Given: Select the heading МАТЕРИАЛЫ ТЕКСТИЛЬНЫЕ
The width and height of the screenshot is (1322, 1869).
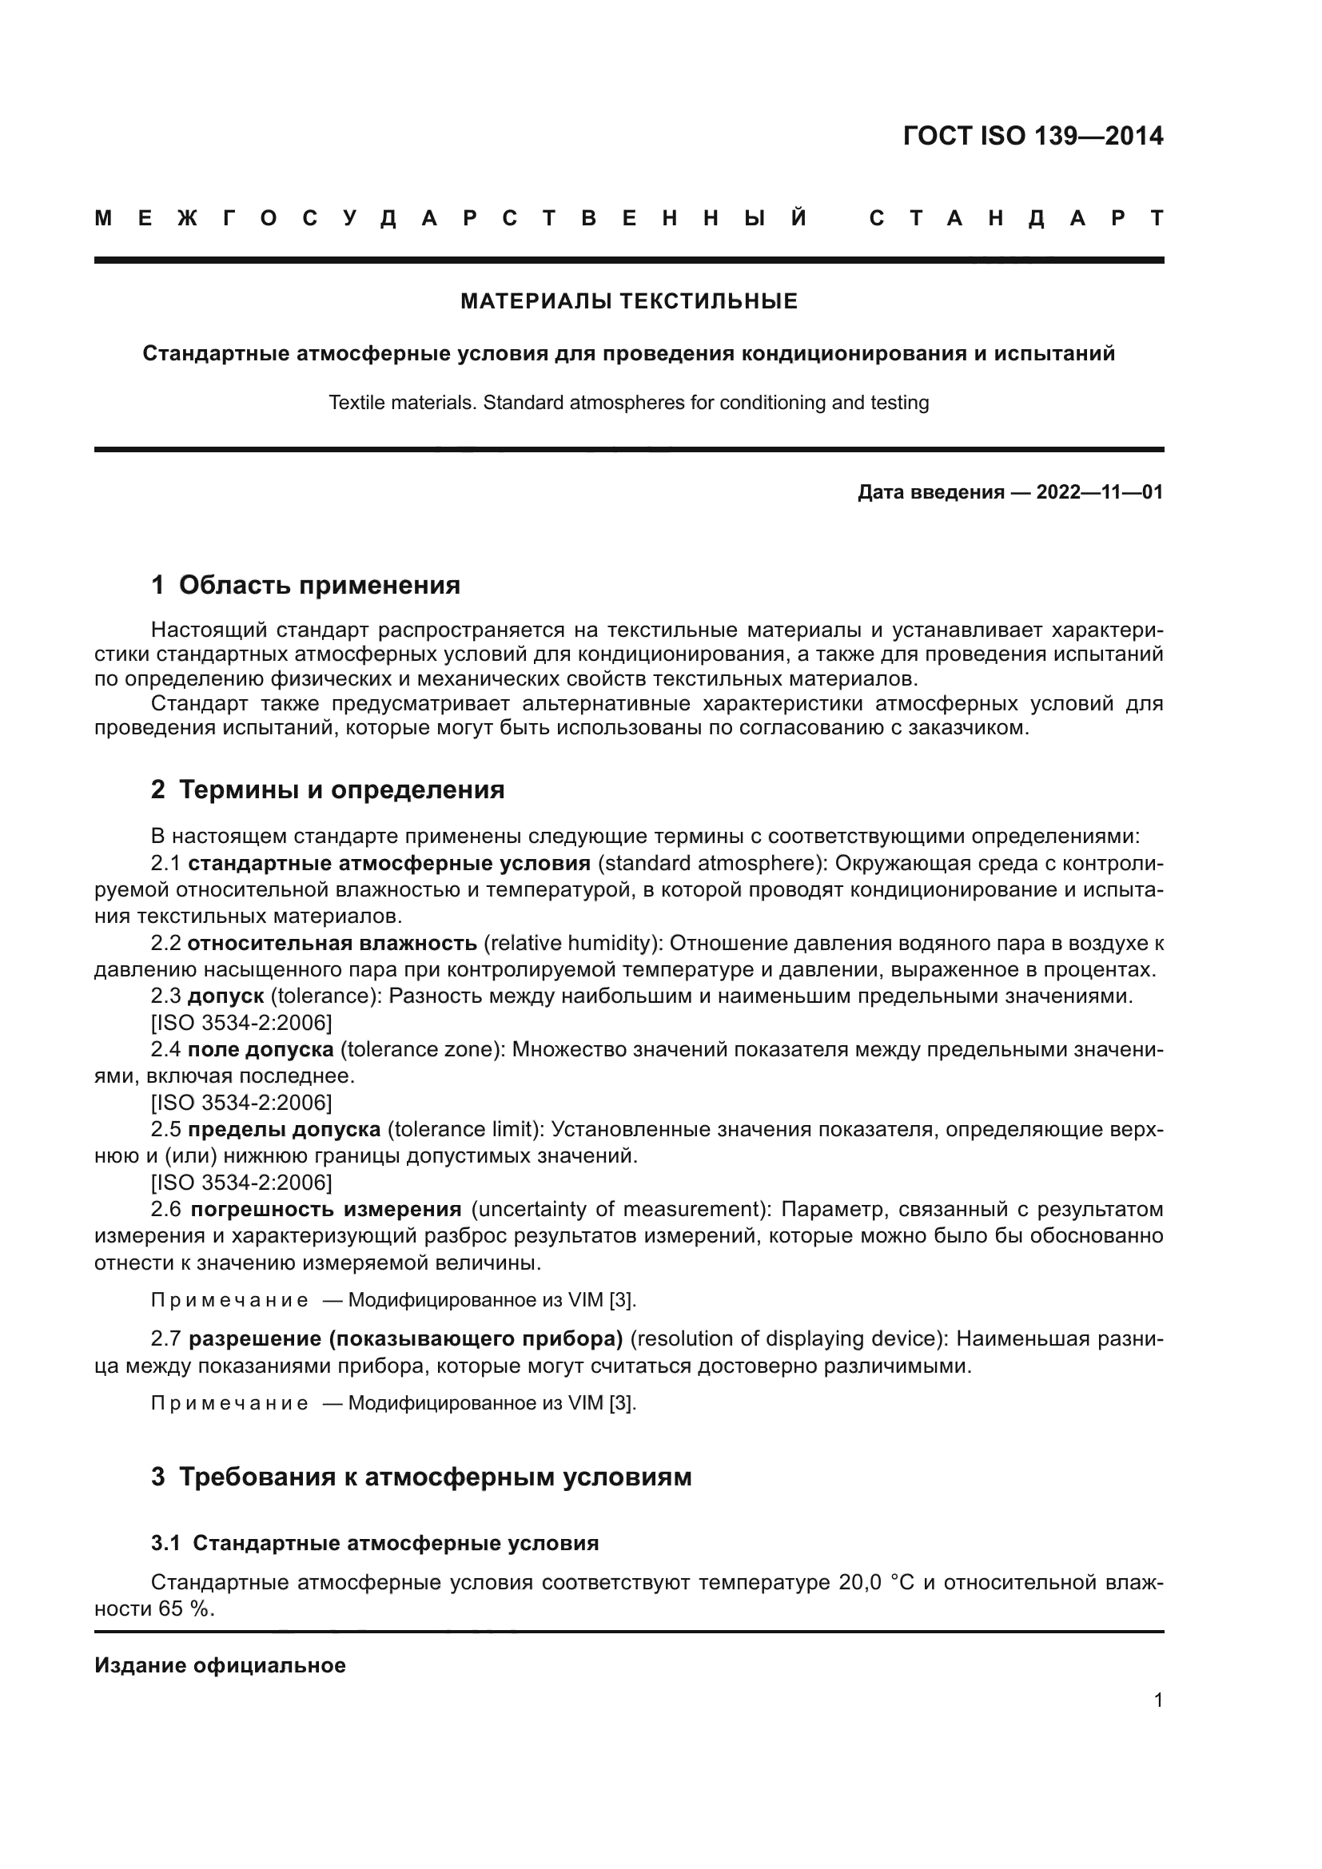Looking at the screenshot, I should pos(628,302).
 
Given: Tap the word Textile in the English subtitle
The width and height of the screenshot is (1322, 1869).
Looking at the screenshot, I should pos(352,403).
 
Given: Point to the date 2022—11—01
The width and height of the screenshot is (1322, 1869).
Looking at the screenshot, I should pos(1099,492).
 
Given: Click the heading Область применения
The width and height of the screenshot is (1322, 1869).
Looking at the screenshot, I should pos(319,585).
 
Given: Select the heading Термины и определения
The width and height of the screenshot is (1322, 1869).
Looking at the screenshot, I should pos(341,789).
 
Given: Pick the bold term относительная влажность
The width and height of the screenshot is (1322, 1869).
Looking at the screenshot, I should pos(332,944).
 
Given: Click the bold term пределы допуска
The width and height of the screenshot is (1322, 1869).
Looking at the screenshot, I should pos(284,1130).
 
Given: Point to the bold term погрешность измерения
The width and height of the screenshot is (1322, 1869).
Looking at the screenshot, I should pos(325,1210).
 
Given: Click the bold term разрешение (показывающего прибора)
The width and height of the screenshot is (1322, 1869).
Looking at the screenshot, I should pos(405,1339).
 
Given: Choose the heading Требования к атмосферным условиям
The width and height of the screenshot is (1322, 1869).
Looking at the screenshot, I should pos(435,1477).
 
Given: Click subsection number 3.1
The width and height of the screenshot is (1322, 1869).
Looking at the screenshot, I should pos(165,1544).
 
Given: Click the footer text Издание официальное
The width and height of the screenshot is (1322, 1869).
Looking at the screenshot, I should pos(220,1665).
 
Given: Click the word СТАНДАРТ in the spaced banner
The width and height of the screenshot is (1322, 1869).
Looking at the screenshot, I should pos(1016,218).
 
